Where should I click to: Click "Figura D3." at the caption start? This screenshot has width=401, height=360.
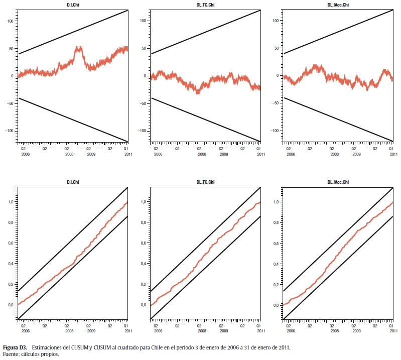click(15, 347)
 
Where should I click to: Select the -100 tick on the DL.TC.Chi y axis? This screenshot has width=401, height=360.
click(143, 131)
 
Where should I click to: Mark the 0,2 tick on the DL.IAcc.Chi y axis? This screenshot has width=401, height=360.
click(277, 284)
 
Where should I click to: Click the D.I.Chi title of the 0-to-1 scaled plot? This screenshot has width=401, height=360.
click(73, 181)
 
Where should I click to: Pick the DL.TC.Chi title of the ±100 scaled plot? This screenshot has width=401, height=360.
click(206, 5)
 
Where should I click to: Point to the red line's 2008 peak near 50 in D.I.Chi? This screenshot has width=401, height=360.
click(78, 48)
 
